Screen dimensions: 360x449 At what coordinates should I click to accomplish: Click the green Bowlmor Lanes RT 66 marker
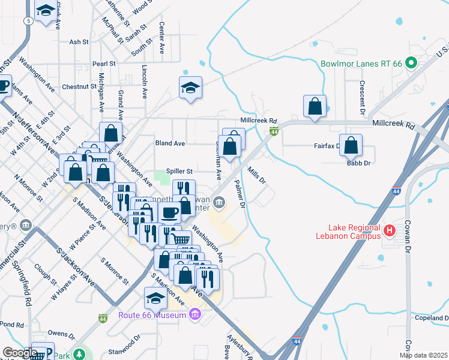tap(411, 62)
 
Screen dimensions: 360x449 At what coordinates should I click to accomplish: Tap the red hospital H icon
tap(389, 230)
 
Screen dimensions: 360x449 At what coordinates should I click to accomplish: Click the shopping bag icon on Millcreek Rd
tap(315, 106)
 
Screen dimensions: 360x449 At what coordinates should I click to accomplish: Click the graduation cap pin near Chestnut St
tap(190, 88)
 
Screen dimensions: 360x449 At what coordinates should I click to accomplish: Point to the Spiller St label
tap(179, 171)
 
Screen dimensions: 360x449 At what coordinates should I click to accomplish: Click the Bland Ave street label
tap(170, 144)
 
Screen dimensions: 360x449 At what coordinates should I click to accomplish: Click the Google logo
tap(20, 352)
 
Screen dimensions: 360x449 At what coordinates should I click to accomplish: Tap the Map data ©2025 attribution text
tap(424, 355)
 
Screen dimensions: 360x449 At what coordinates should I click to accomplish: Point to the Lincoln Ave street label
tap(145, 82)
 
